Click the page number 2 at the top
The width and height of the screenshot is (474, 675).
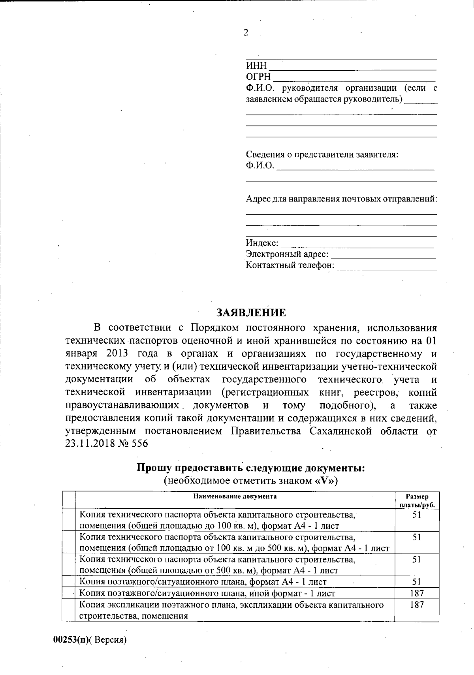point(246,33)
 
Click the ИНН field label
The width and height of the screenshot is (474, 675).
point(256,66)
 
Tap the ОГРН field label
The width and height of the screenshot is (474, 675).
point(259,77)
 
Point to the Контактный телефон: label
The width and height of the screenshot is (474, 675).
point(290,265)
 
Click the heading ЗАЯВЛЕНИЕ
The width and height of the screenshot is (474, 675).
point(251,313)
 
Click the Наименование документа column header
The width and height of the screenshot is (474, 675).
point(235,496)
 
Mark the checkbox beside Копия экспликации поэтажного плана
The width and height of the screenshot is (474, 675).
point(70,610)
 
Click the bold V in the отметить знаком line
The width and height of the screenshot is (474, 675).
point(323,481)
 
